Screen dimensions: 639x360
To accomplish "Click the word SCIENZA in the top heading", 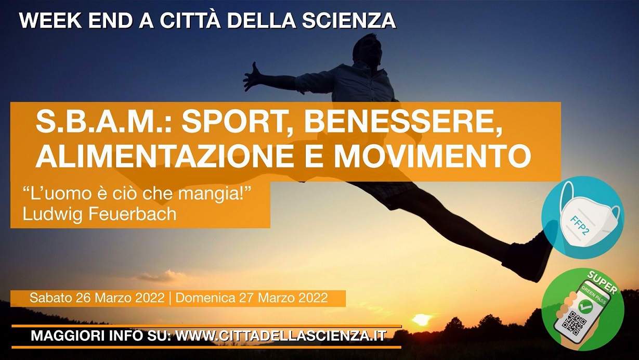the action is point(349,21).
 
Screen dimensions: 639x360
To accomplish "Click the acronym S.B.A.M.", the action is point(103,122).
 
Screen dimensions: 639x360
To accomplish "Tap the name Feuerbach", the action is point(133,214).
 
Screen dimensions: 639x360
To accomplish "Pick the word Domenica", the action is point(205,298).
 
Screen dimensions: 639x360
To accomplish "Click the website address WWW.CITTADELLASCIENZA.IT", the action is point(281,336).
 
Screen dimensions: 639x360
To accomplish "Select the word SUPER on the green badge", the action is point(602,283).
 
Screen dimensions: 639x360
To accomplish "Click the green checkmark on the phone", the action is point(585,306).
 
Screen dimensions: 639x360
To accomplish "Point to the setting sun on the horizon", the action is point(421,319).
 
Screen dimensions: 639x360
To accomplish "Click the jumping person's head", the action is point(367,49).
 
